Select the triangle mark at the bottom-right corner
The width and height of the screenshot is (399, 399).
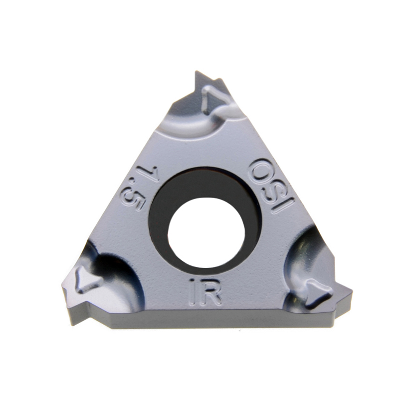coord(316,291)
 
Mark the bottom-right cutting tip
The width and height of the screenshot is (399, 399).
coord(349,294)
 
